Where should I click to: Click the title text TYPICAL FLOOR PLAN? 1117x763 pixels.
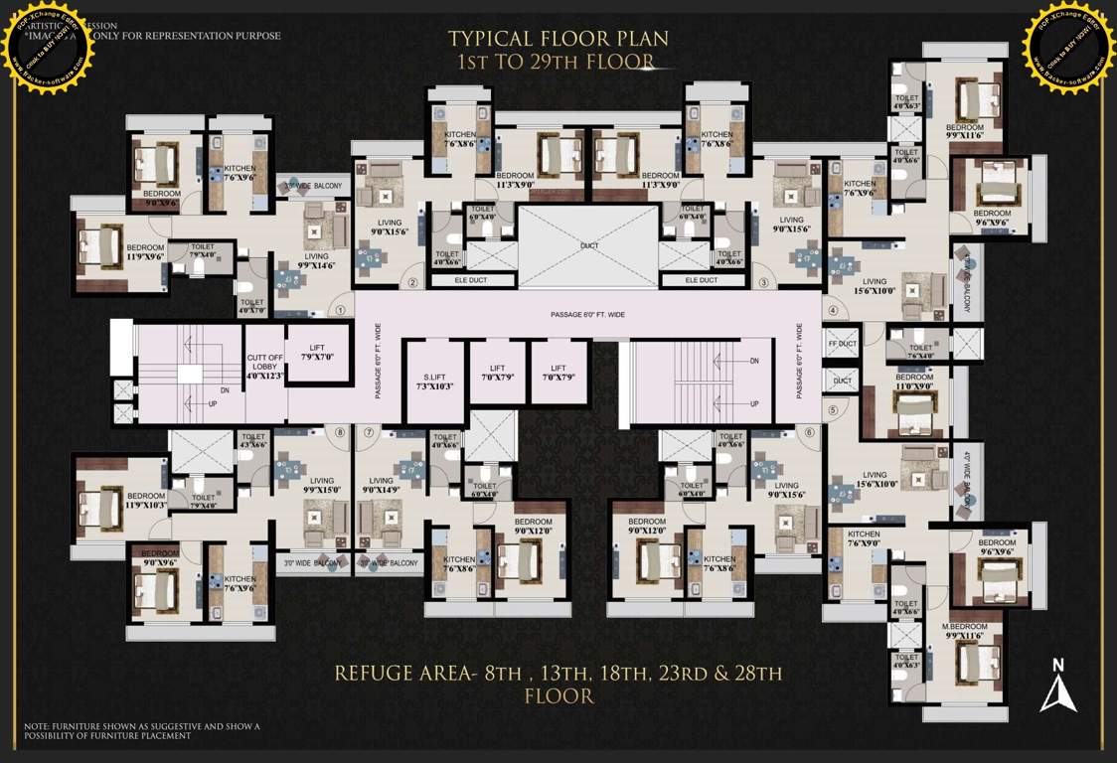558,39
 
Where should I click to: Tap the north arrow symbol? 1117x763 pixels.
1058,686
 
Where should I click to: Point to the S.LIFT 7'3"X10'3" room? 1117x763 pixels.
433,380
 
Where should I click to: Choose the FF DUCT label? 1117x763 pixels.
842,344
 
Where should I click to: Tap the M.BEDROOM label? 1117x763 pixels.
964,626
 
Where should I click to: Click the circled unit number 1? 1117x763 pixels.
340,310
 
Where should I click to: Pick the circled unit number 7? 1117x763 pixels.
369,432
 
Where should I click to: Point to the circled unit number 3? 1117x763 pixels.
764,282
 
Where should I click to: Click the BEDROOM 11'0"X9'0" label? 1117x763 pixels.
913,381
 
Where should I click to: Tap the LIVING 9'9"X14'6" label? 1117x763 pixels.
315,260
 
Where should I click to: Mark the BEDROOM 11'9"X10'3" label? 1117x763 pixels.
145,500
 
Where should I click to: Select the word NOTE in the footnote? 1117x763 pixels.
37,726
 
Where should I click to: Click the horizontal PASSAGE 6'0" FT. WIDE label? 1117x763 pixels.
587,315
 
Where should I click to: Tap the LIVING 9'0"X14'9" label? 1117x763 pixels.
381,484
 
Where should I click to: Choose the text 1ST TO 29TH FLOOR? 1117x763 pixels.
555,63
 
